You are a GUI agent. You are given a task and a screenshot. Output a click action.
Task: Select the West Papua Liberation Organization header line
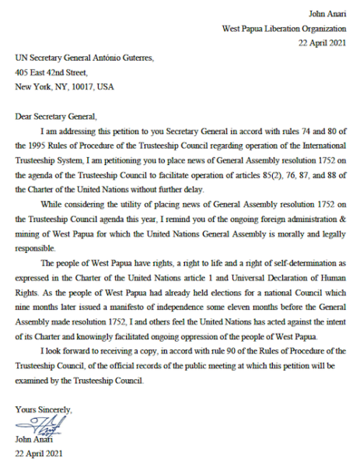(283, 29)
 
